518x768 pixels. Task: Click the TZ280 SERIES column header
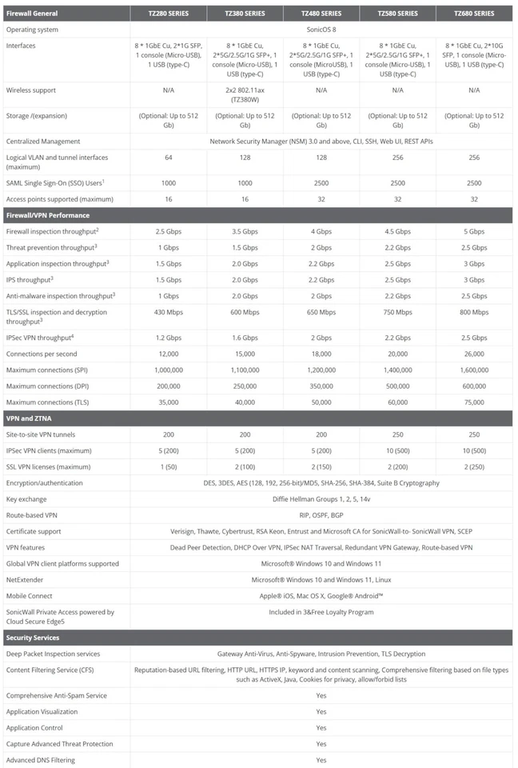pos(169,14)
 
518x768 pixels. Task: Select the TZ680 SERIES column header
pos(474,14)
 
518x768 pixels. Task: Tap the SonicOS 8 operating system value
pos(321,30)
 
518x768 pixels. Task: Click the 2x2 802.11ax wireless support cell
pos(245,90)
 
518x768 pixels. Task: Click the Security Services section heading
pos(34,638)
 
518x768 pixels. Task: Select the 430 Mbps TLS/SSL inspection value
pos(169,312)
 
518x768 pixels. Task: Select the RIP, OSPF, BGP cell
pos(321,514)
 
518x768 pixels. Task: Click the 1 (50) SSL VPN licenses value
pos(169,466)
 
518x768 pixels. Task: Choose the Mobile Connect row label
pos(30,595)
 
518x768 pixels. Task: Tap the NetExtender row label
pos(27,579)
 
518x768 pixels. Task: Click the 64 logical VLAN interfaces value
pos(169,158)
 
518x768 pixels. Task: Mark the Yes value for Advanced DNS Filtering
pos(321,760)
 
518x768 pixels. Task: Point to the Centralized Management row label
pos(43,141)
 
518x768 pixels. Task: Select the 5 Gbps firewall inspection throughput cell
pos(474,231)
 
